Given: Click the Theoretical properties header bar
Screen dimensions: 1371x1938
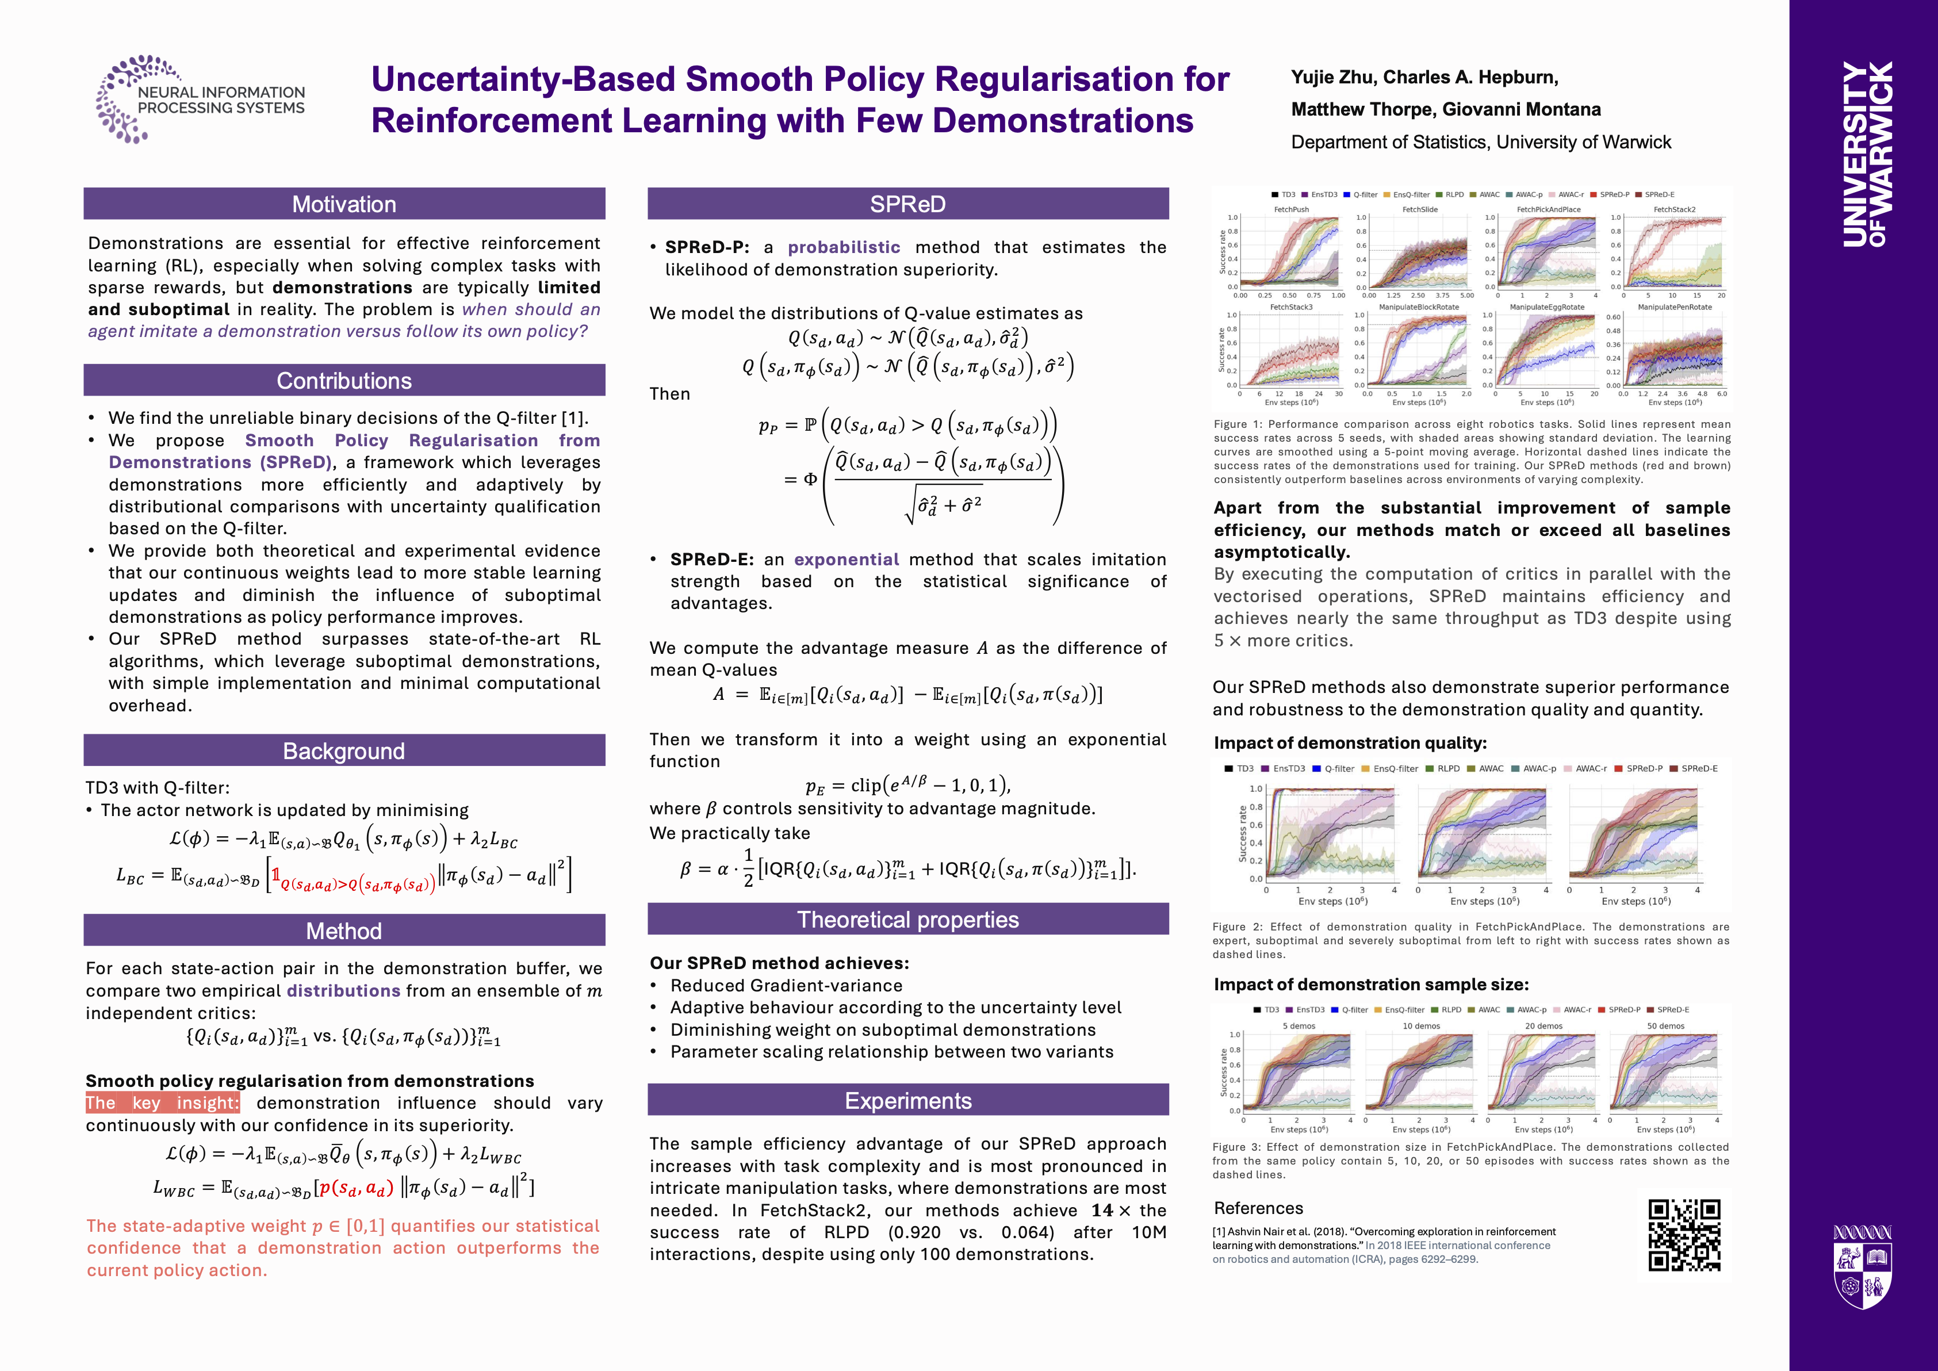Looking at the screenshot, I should click(907, 920).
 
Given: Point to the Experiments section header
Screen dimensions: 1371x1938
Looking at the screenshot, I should click(907, 1100).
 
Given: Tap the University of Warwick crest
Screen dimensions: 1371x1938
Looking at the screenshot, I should click(1862, 1266).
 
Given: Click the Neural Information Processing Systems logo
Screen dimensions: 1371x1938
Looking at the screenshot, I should click(201, 99).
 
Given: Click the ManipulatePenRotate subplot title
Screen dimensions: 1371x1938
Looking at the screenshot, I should click(1674, 307).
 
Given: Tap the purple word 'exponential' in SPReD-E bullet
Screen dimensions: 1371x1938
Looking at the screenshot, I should click(846, 560).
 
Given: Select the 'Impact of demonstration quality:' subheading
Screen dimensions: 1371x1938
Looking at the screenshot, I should click(1350, 743).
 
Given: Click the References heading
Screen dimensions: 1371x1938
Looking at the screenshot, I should click(1258, 1208).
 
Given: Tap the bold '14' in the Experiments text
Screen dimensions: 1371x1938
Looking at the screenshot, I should click(1101, 1211).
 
